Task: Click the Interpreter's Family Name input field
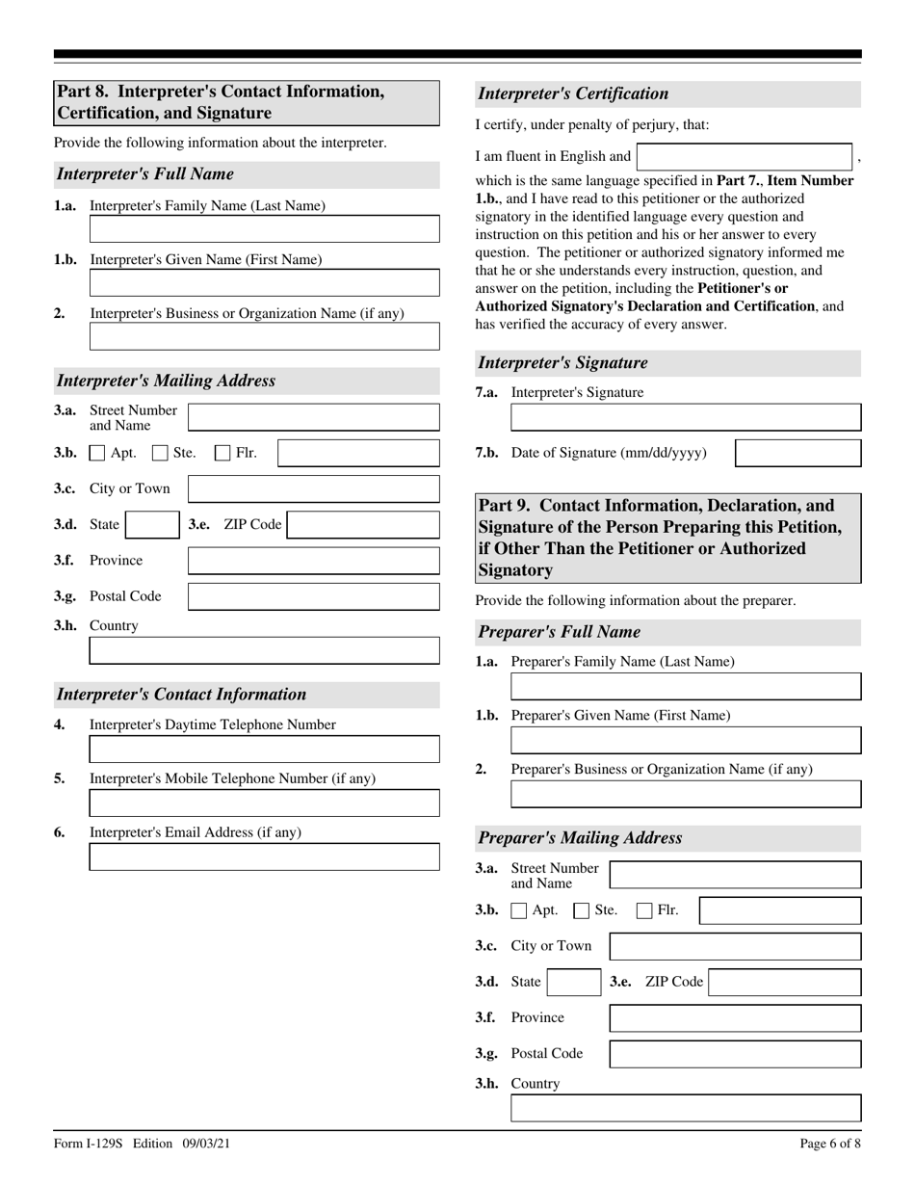(264, 229)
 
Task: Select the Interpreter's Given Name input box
(264, 283)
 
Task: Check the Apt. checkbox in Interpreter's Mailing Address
(97, 453)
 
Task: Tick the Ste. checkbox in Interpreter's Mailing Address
(160, 453)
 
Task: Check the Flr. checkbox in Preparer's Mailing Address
(645, 910)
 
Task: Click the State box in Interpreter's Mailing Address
(152, 525)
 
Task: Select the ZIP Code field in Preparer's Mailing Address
(785, 983)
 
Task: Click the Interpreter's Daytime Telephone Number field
(264, 750)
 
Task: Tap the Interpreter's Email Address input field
(264, 856)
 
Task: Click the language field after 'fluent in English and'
(745, 156)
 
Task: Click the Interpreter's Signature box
(686, 417)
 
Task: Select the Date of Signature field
(797, 454)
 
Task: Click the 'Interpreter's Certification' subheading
(573, 93)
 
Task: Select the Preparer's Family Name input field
(686, 687)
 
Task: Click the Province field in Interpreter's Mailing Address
(313, 561)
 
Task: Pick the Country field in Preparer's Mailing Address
(686, 1109)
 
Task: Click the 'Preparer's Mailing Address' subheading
(580, 837)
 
